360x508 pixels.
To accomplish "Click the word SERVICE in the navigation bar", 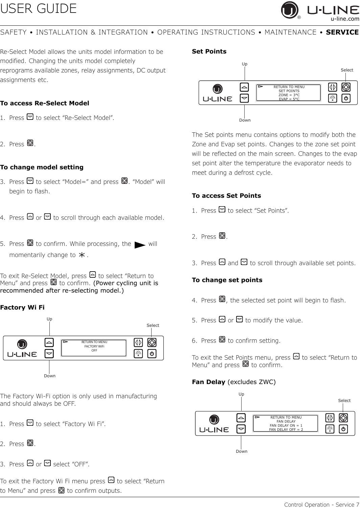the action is click(x=342, y=32).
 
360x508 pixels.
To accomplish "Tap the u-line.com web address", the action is click(x=345, y=19).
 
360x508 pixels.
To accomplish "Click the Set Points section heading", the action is click(x=209, y=51).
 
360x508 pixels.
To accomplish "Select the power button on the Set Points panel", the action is click(x=346, y=98).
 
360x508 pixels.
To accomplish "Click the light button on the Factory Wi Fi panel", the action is click(x=138, y=354).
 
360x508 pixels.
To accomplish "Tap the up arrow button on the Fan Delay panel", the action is click(x=241, y=418).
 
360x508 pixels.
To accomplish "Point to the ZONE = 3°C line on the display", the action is click(x=289, y=95).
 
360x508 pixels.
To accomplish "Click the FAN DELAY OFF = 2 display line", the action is click(x=286, y=429).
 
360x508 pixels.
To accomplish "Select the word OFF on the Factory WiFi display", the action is click(x=94, y=351).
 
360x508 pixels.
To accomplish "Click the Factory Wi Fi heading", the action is click(x=22, y=307).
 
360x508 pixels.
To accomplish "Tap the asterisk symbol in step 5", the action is click(x=82, y=255).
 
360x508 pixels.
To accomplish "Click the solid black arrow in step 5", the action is click(x=140, y=245).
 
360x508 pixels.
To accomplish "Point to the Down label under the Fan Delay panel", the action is click(x=242, y=451).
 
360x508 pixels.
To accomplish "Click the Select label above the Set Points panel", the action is click(x=347, y=70).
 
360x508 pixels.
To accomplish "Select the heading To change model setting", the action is click(x=42, y=167).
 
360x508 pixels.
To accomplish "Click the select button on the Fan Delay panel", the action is click(x=343, y=418).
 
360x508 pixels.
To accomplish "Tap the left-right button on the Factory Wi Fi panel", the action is click(x=138, y=342).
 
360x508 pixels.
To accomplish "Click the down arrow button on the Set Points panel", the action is click(x=244, y=98).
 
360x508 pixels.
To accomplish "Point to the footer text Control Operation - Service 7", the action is click(x=322, y=504).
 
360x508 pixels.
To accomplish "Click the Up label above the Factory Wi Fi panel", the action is click(x=49, y=319).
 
